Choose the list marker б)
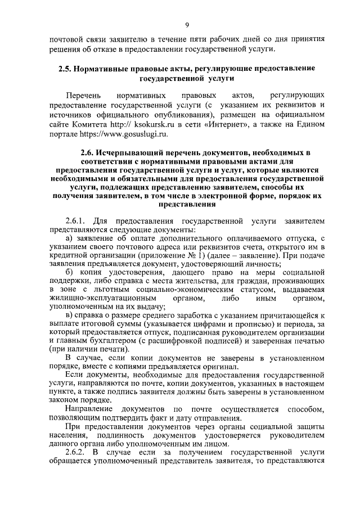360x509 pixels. pos(70,273)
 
